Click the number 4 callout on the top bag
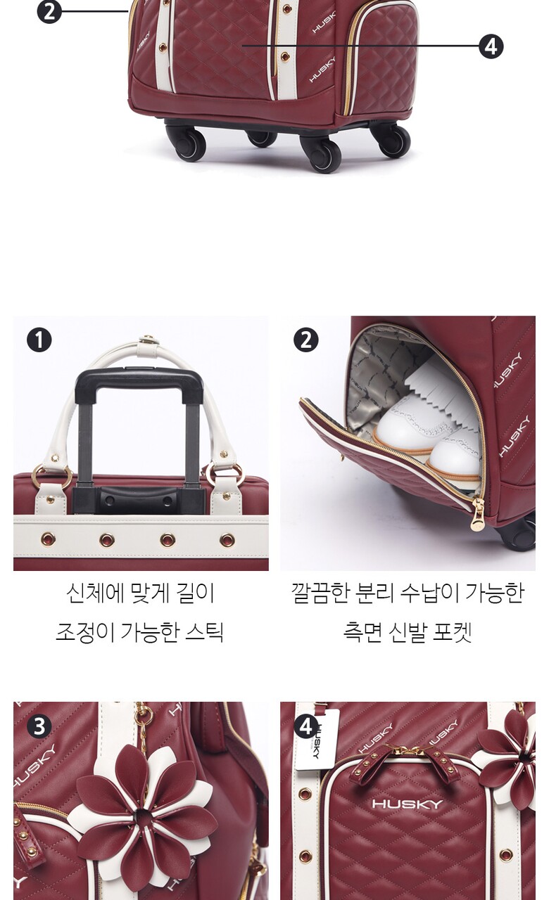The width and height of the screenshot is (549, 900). [491, 46]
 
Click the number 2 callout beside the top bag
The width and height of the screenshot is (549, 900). [49, 11]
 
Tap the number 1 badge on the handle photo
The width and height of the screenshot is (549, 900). [39, 340]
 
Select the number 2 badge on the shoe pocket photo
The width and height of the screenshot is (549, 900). [305, 340]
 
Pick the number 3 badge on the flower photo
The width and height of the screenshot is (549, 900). [39, 726]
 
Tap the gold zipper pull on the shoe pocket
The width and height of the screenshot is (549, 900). [477, 515]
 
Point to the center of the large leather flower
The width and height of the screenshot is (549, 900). [142, 818]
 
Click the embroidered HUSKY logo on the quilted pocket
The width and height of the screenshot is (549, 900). [407, 804]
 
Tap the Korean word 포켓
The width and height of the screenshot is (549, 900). [452, 632]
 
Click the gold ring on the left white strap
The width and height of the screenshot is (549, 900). [52, 475]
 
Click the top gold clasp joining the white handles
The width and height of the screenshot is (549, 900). [148, 340]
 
